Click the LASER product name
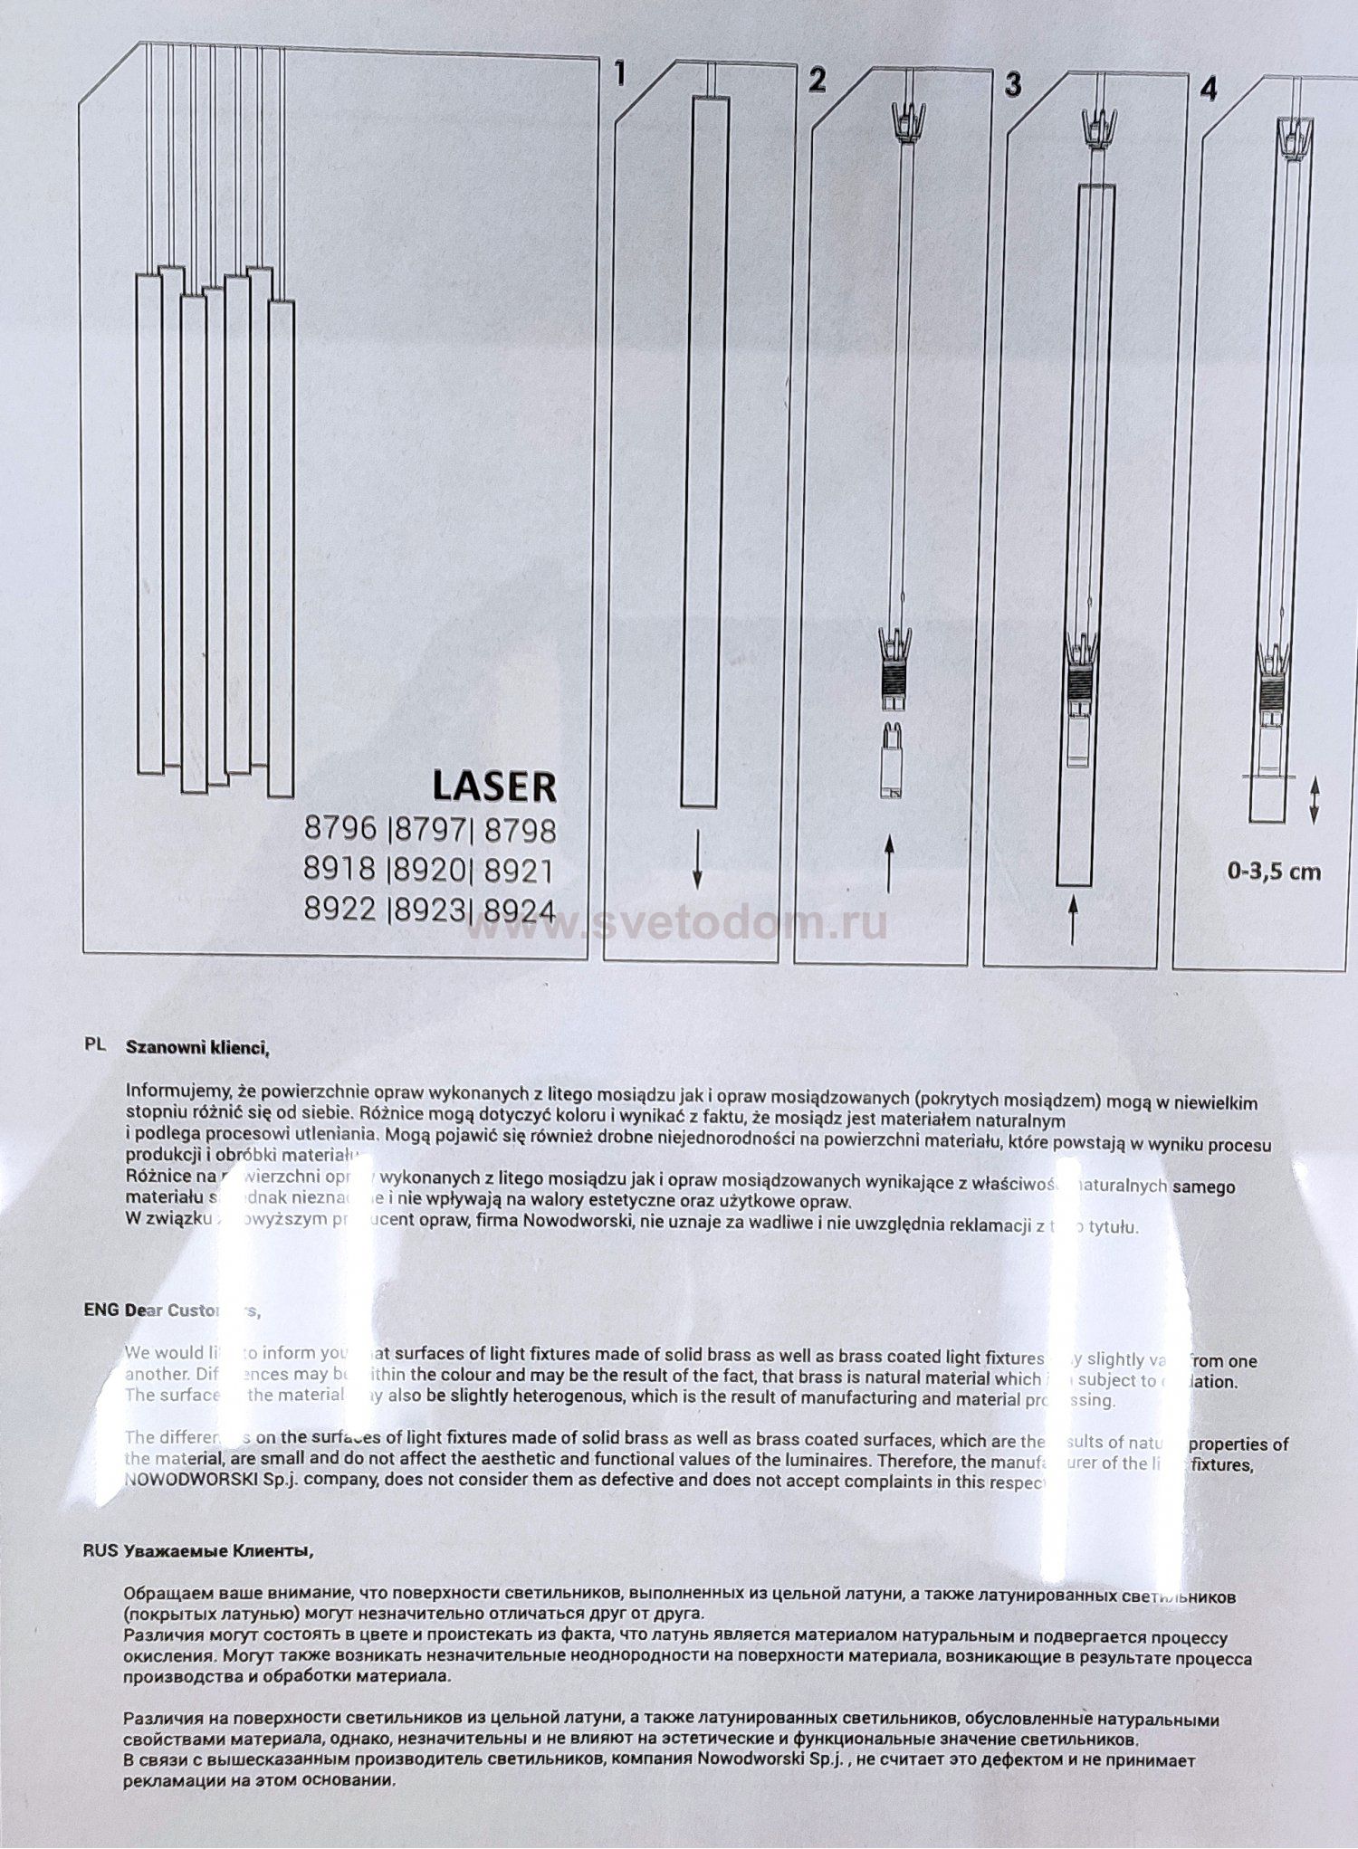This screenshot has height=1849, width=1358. click(493, 786)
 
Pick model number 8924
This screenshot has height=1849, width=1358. click(520, 910)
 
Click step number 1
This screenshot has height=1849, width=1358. click(620, 73)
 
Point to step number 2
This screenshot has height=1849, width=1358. click(818, 80)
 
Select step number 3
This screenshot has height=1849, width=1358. click(1013, 84)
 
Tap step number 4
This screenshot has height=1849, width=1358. click(1208, 89)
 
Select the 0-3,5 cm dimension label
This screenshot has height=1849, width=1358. click(1274, 872)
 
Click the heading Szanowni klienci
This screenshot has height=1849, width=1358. click(197, 1048)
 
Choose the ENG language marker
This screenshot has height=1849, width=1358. click(101, 1310)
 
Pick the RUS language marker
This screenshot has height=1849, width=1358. click(100, 1549)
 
